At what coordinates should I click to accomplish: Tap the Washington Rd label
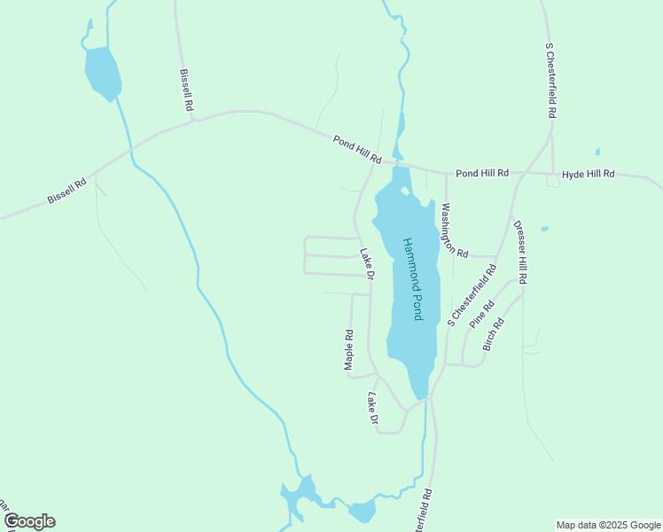point(453,230)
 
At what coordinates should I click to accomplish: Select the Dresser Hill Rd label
point(520,252)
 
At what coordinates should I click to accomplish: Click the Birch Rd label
point(494,334)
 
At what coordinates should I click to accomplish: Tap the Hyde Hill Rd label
point(589,174)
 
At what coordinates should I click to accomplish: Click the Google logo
point(29,521)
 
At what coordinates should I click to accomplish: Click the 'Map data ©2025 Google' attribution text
point(608,525)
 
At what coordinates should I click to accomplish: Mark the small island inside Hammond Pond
point(405,190)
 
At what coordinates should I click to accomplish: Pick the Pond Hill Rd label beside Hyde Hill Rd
point(482,173)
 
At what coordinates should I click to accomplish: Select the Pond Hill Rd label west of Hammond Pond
point(357,149)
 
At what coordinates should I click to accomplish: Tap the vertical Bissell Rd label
point(186,90)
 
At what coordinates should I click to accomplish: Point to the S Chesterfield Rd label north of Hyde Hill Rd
point(551,81)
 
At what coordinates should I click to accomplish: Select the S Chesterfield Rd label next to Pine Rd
point(472,294)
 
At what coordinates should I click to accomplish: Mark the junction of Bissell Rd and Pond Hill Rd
point(195,119)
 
